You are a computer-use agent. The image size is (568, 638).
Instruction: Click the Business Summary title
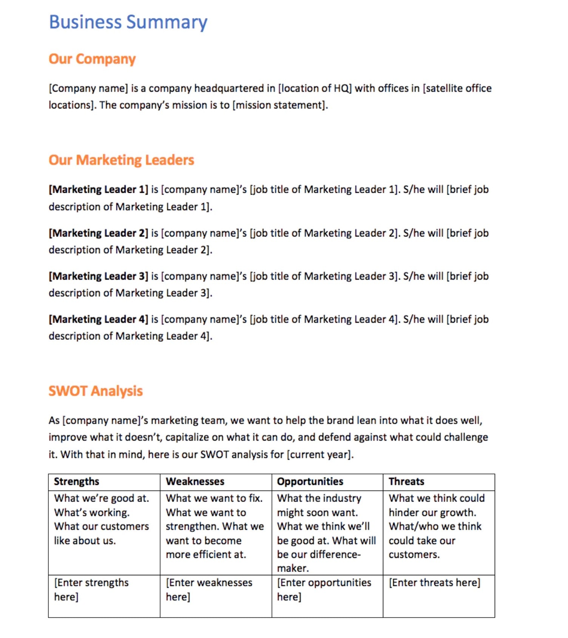pyautogui.click(x=128, y=22)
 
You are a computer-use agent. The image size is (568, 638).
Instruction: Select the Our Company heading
pyautogui.click(x=92, y=59)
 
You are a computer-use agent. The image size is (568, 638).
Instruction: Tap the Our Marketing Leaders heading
pyautogui.click(x=121, y=160)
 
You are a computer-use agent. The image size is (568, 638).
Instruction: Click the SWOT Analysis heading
pyautogui.click(x=96, y=391)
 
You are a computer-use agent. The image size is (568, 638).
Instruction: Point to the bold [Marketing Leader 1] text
pyautogui.click(x=98, y=189)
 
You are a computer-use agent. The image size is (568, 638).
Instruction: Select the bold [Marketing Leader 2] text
pyautogui.click(x=98, y=233)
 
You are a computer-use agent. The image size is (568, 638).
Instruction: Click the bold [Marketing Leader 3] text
pyautogui.click(x=98, y=276)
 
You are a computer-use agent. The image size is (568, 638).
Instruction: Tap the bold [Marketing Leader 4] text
pyautogui.click(x=98, y=319)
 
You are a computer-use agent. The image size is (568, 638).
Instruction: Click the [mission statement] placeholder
pyautogui.click(x=279, y=105)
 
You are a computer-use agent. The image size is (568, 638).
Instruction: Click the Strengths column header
pyautogui.click(x=76, y=482)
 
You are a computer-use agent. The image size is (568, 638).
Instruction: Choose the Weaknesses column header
pyautogui.click(x=195, y=482)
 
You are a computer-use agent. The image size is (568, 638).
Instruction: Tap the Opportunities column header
pyautogui.click(x=310, y=482)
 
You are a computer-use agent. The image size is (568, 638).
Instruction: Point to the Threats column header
pyautogui.click(x=406, y=482)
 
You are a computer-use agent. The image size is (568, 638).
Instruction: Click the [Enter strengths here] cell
pyautogui.click(x=91, y=590)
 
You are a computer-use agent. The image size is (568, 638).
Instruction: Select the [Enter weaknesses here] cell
pyautogui.click(x=209, y=590)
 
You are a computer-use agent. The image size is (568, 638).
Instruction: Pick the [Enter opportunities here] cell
pyautogui.click(x=324, y=590)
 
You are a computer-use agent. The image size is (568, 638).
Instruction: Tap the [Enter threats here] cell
pyautogui.click(x=434, y=583)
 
